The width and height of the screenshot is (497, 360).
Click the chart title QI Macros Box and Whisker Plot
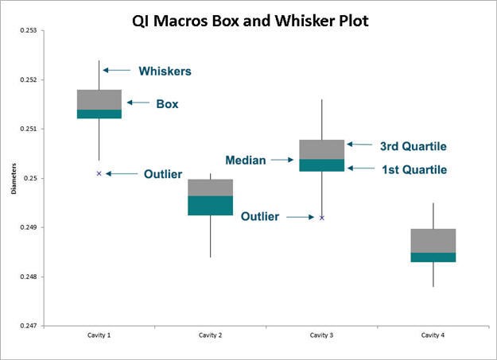(250, 21)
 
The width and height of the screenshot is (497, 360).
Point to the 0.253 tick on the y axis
(29, 30)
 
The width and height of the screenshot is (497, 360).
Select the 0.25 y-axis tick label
(30, 178)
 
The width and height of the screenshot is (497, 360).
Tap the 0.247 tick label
(29, 326)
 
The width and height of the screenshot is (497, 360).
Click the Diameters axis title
(14, 179)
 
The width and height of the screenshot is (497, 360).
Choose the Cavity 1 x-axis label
(99, 335)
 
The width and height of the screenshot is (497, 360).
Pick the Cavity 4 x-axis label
(433, 335)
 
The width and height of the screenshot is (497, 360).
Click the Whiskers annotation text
(165, 72)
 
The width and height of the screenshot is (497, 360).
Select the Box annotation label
(167, 104)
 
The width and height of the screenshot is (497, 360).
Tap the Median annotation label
(246, 161)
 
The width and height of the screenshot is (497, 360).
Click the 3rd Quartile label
(414, 146)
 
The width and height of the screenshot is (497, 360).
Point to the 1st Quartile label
(414, 170)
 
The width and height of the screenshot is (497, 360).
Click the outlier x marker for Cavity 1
(99, 173)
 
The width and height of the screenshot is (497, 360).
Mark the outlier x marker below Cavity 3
(322, 218)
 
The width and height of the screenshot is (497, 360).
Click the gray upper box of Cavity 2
(211, 188)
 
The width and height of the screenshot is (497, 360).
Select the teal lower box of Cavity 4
(433, 257)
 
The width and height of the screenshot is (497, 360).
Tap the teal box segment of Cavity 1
(99, 114)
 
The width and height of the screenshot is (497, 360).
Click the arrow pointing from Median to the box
(282, 160)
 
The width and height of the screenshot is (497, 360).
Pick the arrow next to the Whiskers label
(117, 70)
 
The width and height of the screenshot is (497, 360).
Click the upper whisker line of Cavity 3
(322, 119)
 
